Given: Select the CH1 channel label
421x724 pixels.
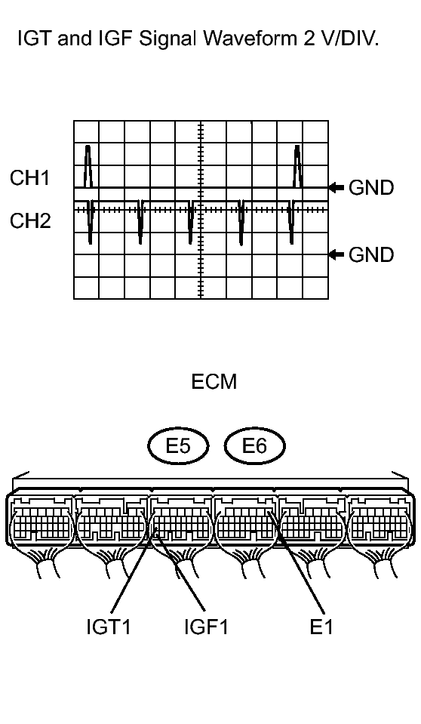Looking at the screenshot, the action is click(x=30, y=177).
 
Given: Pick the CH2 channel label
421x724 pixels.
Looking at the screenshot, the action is click(x=30, y=220).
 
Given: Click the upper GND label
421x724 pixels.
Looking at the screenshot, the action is click(x=371, y=187).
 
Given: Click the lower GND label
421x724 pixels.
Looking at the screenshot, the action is click(x=371, y=254).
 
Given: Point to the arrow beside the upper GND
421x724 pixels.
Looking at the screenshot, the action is click(x=336, y=187).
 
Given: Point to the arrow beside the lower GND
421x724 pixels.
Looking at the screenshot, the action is click(x=336, y=254).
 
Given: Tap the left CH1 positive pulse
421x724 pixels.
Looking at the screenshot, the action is click(x=88, y=166).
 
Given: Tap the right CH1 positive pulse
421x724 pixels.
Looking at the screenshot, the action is click(x=298, y=166).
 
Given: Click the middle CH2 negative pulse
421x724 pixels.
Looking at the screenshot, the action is click(x=191, y=222).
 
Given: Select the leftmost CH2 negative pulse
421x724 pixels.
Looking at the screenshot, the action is click(x=91, y=222).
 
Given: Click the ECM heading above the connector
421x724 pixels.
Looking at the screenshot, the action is click(x=214, y=382).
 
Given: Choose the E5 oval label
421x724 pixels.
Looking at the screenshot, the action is click(x=178, y=446).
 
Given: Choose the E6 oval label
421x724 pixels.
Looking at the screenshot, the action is click(x=255, y=446).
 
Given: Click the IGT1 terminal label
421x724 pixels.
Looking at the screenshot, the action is click(x=109, y=627).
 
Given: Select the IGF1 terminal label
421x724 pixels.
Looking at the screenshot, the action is click(x=206, y=627).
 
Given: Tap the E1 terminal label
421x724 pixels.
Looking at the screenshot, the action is click(x=321, y=627).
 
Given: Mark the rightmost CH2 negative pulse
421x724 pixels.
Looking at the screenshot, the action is click(x=291, y=222).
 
